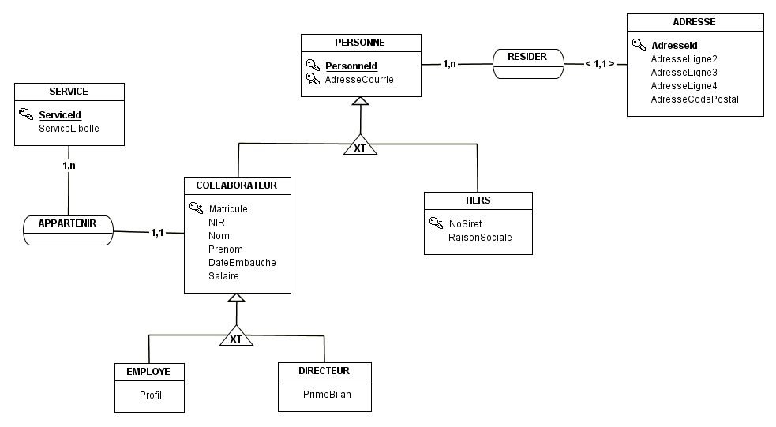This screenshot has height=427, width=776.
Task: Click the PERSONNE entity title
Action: tap(360, 43)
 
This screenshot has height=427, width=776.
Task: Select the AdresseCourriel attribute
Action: tap(360, 80)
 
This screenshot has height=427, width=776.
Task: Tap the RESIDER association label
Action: tap(527, 57)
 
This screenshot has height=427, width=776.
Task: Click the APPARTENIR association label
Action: tap(67, 223)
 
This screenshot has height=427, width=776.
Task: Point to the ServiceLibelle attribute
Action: tap(69, 129)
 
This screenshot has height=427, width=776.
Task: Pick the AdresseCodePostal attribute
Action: tap(695, 99)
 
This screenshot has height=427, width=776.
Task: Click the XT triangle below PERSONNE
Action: tap(360, 144)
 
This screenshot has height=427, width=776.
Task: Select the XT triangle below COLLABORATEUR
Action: tap(237, 335)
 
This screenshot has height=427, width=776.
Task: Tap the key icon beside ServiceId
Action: tap(26, 114)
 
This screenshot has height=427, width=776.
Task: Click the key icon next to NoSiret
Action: tap(436, 223)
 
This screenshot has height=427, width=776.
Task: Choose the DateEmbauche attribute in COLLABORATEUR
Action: tap(242, 263)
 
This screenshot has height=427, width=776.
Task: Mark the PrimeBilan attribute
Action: tap(327, 395)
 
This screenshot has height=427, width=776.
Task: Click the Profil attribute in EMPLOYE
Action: tap(151, 395)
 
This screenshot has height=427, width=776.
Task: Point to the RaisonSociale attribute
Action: tap(480, 238)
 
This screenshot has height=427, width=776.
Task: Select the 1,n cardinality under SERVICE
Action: tap(69, 166)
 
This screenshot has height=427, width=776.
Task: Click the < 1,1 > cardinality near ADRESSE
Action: tap(600, 64)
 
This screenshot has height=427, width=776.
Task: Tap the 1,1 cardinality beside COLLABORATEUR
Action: tap(157, 233)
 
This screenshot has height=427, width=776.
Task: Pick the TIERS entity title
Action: tap(478, 200)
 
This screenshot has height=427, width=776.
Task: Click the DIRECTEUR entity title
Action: tap(324, 371)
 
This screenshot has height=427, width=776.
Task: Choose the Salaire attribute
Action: tap(223, 276)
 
